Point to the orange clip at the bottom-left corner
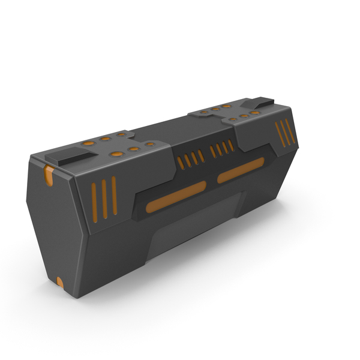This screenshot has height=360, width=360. click(59, 282)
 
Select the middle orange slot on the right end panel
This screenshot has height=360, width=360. click(284, 133)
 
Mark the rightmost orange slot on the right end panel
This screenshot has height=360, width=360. click(290, 130)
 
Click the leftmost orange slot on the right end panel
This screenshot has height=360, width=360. click(278, 136)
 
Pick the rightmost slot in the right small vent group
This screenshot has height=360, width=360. click(231, 145)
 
